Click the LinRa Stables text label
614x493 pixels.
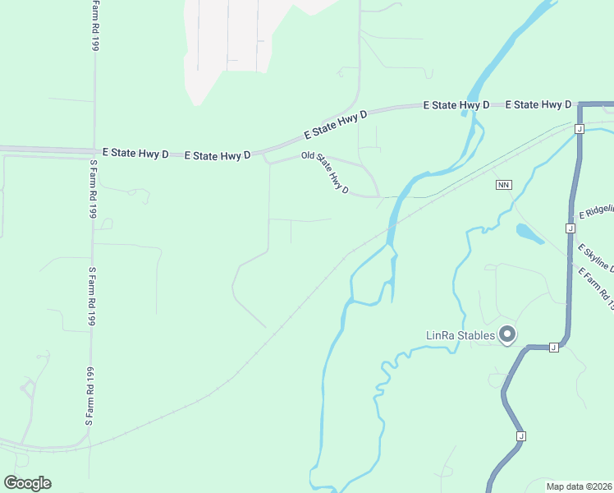(x=460, y=335)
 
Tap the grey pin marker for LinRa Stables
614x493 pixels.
(x=507, y=334)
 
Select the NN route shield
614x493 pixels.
(x=504, y=185)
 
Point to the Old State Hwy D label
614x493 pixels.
(x=325, y=173)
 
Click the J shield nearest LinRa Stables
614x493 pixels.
(x=553, y=348)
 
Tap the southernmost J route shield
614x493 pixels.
(x=520, y=435)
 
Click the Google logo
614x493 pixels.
(x=27, y=483)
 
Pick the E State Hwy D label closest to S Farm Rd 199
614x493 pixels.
(x=135, y=153)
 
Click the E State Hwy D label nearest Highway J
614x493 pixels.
(x=538, y=105)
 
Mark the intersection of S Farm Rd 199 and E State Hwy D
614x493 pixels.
(x=94, y=150)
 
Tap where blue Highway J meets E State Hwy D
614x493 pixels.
(x=580, y=105)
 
